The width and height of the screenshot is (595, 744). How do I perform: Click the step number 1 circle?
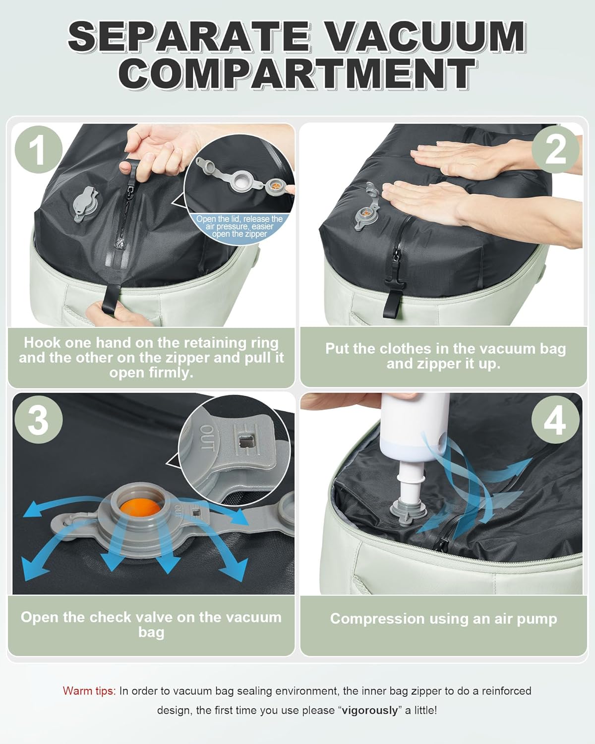[x=38, y=149]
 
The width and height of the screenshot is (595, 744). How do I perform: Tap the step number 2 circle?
[x=555, y=149]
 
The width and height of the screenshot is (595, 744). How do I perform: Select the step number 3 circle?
[x=38, y=419]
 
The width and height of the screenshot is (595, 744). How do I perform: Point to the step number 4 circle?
[x=555, y=419]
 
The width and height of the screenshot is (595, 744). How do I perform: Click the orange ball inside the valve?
[x=141, y=508]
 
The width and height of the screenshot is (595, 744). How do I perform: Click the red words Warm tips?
[x=89, y=691]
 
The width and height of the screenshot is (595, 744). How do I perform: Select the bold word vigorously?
[x=369, y=710]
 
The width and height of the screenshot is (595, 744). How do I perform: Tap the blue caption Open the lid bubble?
[x=239, y=227]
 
